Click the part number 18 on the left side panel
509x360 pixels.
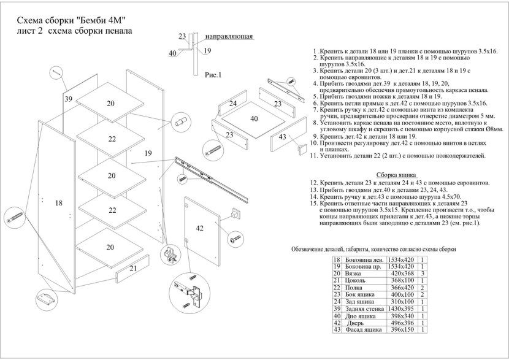click(x=58, y=203)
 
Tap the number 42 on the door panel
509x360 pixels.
click(x=199, y=228)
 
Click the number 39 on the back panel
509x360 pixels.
click(x=68, y=99)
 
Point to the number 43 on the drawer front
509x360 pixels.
click(x=282, y=137)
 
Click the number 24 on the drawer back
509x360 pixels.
click(x=233, y=104)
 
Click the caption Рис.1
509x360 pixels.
click(x=212, y=75)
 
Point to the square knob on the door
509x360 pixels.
click(x=234, y=215)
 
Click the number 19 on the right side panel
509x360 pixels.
click(x=148, y=153)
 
